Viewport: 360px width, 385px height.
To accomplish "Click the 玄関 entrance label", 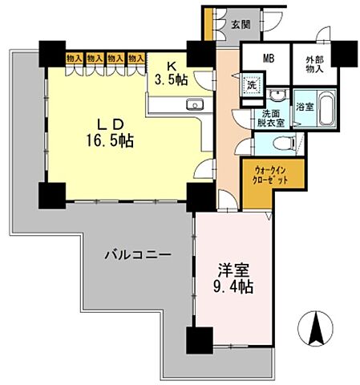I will [x=240, y=25].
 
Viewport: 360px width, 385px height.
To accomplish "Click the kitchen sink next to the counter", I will [x=195, y=106].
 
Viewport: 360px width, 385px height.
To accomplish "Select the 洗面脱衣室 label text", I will [x=270, y=117].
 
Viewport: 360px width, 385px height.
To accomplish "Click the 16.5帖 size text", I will [x=111, y=139].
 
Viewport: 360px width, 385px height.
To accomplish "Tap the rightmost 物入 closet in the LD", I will [x=135, y=59].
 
